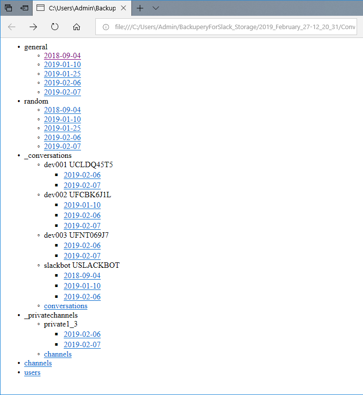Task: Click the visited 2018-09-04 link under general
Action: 62,56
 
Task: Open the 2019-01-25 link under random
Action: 62,128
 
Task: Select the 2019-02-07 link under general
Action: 62,92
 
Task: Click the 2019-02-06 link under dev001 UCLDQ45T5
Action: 82,175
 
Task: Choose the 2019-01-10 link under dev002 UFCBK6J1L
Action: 82,205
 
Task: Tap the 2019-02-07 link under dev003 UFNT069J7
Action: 82,256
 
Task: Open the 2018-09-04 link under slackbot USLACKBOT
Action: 82,276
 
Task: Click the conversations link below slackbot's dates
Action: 66,306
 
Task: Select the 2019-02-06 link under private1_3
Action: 82,334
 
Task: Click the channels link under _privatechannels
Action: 58,354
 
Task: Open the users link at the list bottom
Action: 32,372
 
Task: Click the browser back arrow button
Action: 12,27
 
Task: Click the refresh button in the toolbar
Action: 55,27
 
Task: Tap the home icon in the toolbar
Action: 77,27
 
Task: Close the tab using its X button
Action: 123,8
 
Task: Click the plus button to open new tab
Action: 140,8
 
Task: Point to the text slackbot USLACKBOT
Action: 81,265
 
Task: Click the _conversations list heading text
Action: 48,155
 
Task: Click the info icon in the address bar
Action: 105,27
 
